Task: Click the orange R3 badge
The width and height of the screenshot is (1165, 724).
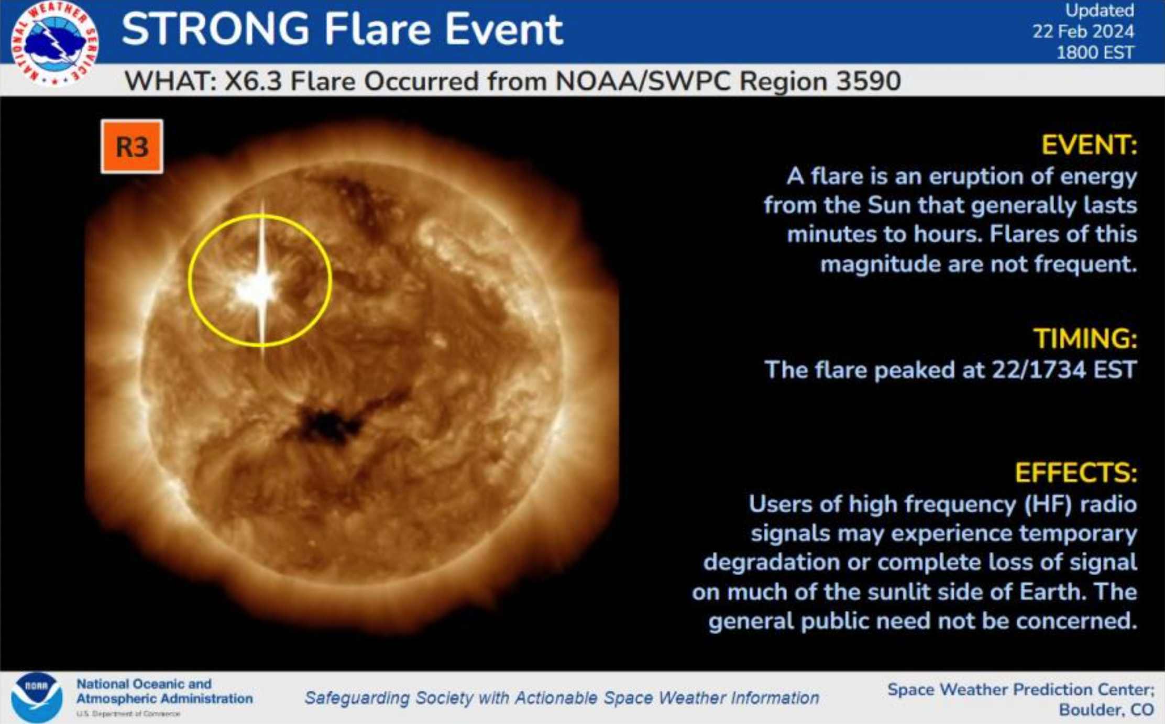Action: (132, 147)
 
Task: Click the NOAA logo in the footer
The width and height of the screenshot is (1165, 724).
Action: (37, 697)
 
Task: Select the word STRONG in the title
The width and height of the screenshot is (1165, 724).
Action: (216, 29)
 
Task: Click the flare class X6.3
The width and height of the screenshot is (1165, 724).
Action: (254, 81)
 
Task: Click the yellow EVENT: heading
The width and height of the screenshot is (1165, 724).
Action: (1090, 145)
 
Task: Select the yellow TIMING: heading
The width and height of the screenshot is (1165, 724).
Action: (1085, 338)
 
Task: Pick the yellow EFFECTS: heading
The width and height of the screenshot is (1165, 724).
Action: (1076, 473)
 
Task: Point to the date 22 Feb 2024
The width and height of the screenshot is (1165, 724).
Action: (1083, 31)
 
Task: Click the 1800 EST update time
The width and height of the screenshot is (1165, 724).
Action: (1095, 52)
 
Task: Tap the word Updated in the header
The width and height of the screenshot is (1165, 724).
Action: (1100, 10)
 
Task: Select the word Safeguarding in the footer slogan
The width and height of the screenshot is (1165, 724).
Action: (357, 698)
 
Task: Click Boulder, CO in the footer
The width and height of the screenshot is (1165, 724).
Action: (1106, 710)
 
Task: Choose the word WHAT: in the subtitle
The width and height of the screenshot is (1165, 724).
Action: (170, 81)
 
